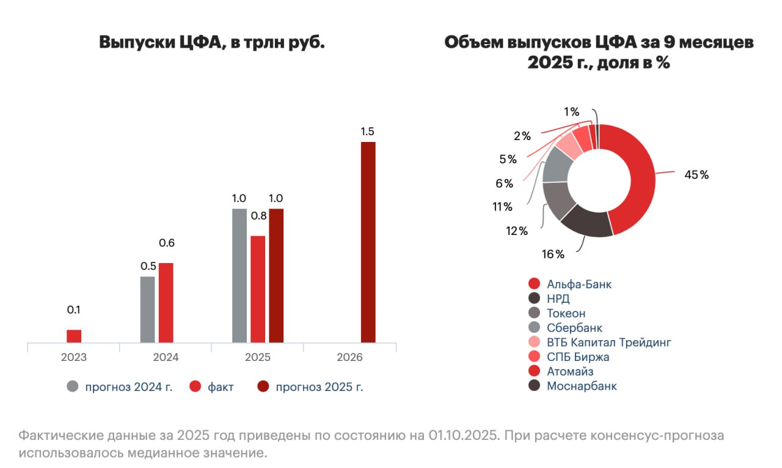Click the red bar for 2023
[74, 336]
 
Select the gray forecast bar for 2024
[147, 310]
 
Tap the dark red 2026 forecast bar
[368, 242]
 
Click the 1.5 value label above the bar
[368, 132]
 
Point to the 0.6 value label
[166, 243]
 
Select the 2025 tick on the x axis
[257, 357]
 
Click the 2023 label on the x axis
[74, 357]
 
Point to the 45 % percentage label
[696, 175]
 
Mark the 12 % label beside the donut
[516, 231]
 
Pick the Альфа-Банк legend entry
[579, 284]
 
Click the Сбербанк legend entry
[574, 328]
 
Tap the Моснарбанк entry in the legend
[582, 386]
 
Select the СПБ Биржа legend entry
[578, 357]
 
